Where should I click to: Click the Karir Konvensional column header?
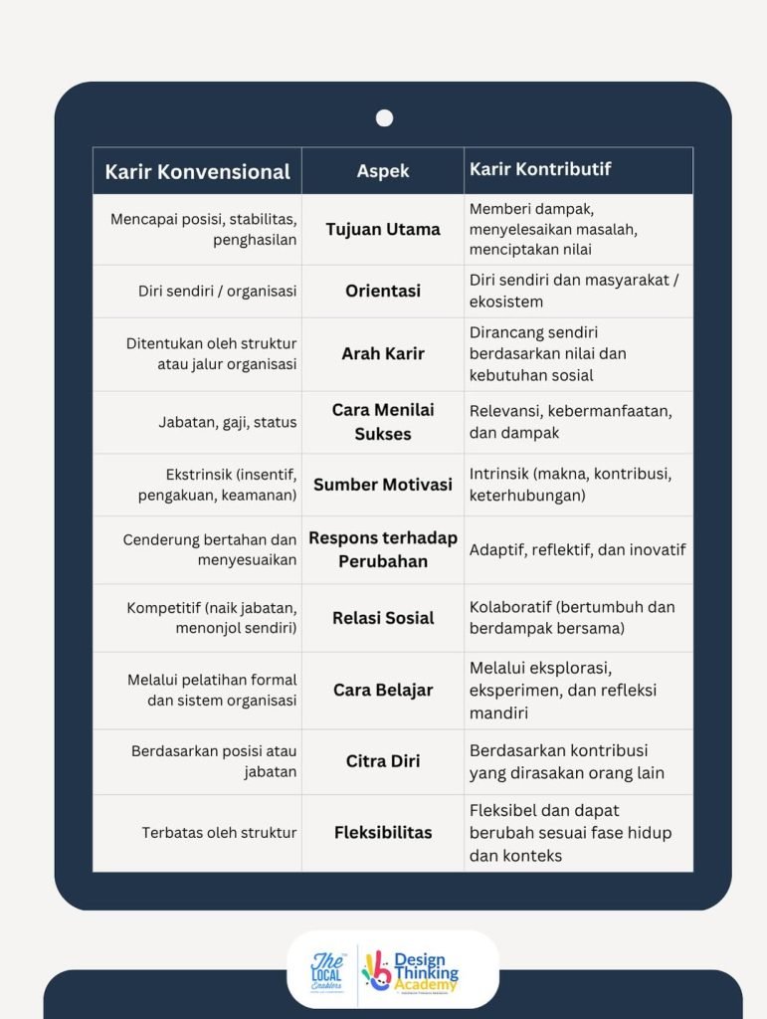coord(197,171)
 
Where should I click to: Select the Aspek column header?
coord(383,171)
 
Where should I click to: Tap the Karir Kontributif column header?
coord(539,169)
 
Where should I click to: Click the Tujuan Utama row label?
coord(383,229)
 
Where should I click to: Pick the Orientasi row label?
coord(383,291)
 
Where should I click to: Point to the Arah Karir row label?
coord(383,353)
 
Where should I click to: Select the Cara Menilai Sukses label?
coord(383,422)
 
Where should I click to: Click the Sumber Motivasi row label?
coord(383,485)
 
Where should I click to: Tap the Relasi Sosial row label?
coord(383,618)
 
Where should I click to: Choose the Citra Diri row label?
coord(383,761)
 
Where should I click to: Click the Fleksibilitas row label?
coord(383,832)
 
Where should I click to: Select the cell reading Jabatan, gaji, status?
coord(228,422)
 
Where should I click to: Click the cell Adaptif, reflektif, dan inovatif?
coord(577,549)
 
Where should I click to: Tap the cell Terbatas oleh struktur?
coord(219,832)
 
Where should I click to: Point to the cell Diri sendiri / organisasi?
coord(217,292)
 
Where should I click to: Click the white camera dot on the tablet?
coord(384,118)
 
